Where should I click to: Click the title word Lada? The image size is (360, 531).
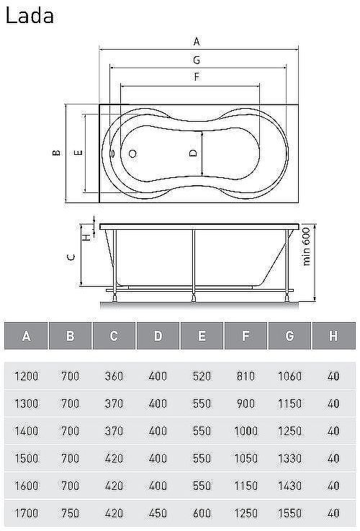pos(30,16)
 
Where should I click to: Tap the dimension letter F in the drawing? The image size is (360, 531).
pos(196,76)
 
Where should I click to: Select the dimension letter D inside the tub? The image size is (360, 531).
pos(193,153)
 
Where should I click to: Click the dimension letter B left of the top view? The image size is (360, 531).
pos(55,153)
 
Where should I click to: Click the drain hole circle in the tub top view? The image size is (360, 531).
pos(132,153)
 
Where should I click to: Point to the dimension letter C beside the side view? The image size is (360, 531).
pos(69,256)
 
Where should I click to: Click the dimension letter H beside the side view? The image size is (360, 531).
pos(84,236)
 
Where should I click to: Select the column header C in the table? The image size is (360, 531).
pos(114,336)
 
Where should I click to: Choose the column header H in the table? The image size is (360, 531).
pos(333,336)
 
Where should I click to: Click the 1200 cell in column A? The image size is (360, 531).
pos(26,376)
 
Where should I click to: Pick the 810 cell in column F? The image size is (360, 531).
pos(245,376)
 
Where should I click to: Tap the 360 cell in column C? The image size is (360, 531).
pos(114,376)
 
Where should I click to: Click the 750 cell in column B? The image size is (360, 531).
pos(70,514)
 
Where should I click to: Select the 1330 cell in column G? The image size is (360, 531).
pos(289,458)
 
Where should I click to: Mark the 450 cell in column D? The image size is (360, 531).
pos(158,514)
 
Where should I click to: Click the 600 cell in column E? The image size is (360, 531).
pos(202,514)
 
